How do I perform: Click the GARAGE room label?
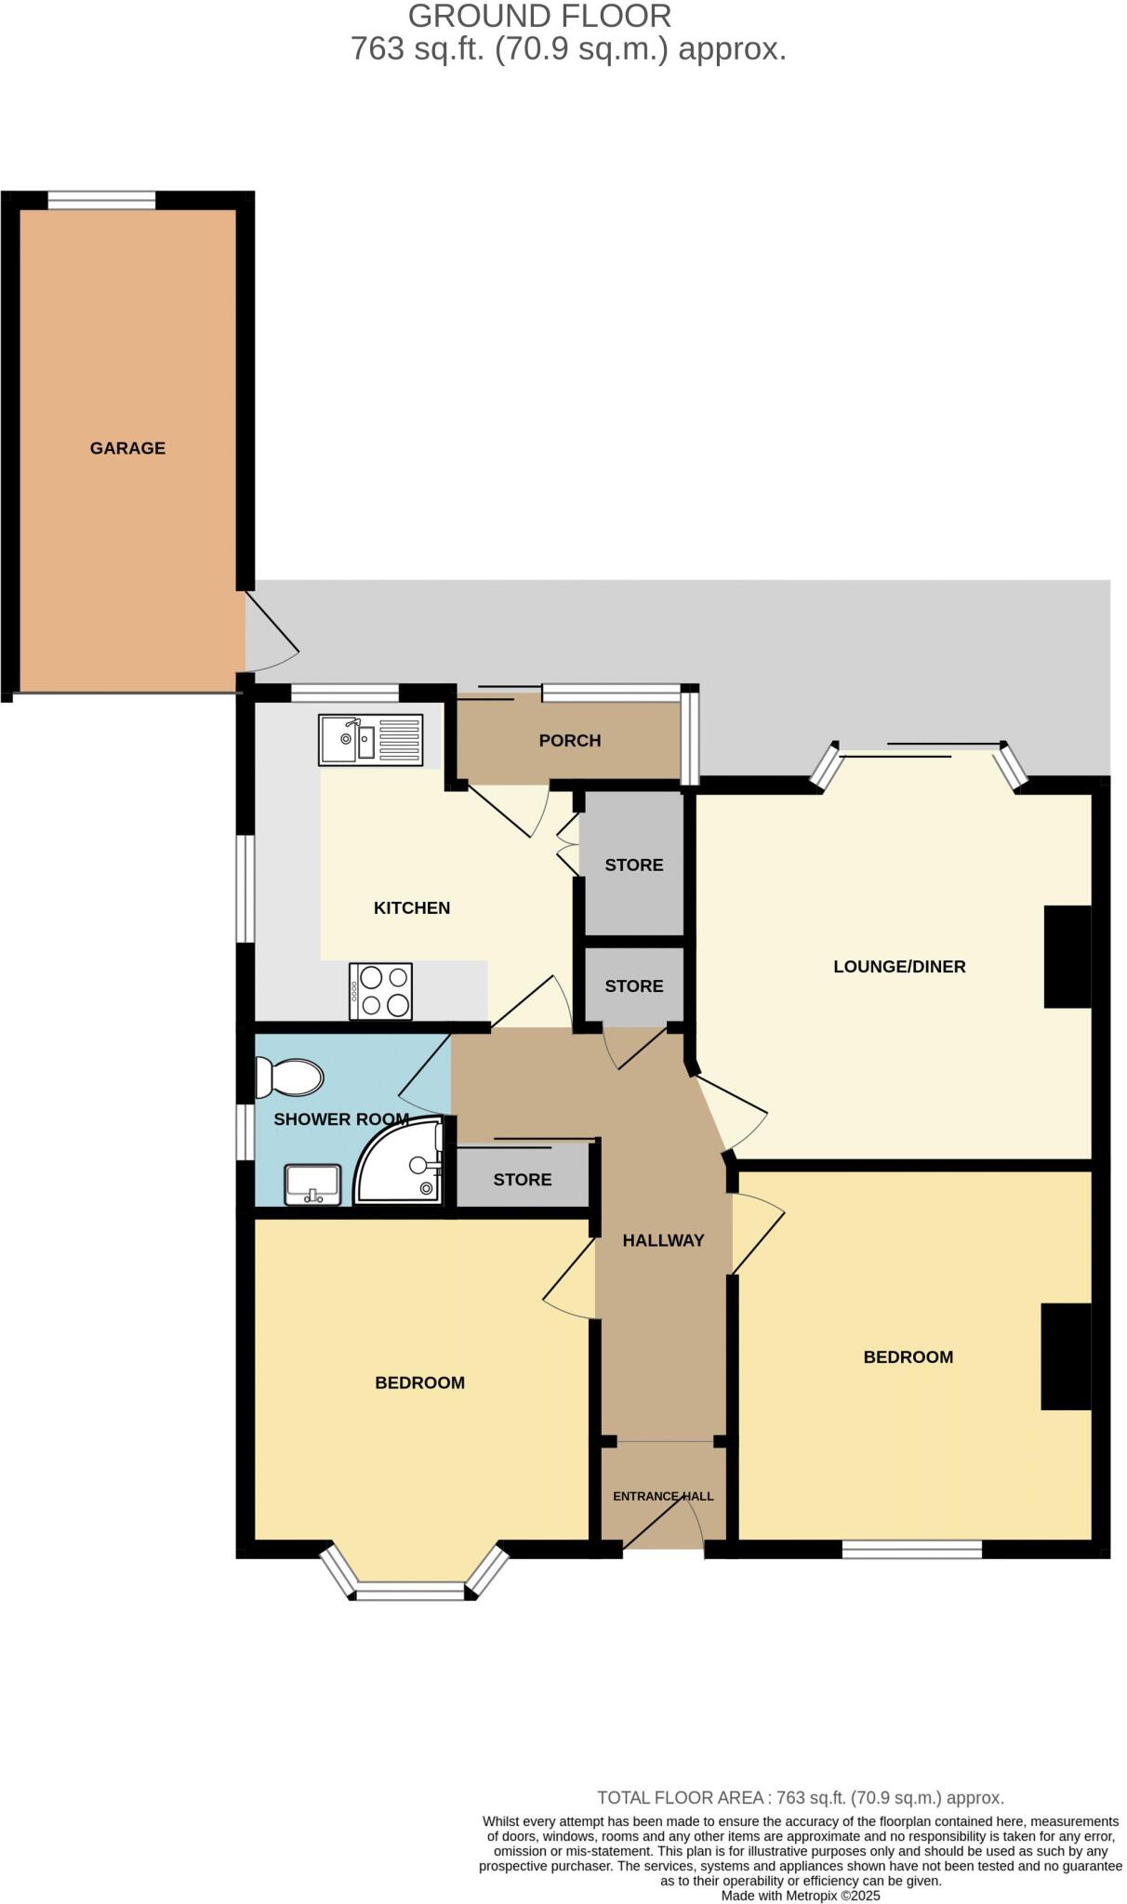(127, 448)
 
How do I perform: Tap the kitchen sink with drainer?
(370, 739)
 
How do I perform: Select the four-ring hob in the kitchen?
(381, 991)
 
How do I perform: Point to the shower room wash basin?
(312, 1185)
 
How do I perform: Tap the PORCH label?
(569, 741)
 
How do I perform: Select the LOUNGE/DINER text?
(898, 967)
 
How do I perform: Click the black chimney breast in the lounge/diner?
(1067, 957)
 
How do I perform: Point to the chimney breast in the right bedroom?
(1065, 1356)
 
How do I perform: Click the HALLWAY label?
(663, 1240)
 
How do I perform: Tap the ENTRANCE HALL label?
(663, 1496)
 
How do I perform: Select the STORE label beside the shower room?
(522, 1180)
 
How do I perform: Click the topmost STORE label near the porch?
(633, 866)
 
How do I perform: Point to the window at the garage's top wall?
(101, 200)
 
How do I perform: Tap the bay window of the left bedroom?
(410, 1592)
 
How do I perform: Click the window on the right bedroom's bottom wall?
(911, 1549)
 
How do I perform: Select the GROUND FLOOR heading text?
(539, 16)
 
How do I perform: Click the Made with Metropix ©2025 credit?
(800, 1896)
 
